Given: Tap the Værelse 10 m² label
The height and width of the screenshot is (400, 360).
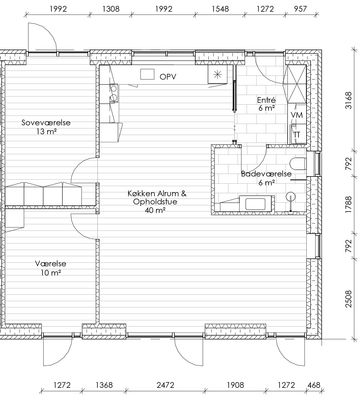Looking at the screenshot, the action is click(50, 268).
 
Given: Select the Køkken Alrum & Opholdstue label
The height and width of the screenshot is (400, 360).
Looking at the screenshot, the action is click(157, 202).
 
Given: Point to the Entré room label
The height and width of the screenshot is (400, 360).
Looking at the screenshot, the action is click(266, 104).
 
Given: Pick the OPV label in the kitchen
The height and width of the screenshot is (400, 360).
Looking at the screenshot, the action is click(168, 77).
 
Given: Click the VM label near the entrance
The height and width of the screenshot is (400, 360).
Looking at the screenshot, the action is click(297, 115).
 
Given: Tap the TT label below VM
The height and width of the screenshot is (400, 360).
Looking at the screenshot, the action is click(297, 135).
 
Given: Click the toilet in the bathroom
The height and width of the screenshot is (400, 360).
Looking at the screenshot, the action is click(298, 164).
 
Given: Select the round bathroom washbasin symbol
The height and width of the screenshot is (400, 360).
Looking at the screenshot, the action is click(291, 197).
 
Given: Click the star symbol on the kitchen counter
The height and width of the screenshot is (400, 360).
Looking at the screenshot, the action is click(217, 74).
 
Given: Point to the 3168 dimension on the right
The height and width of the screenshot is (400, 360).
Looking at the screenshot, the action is click(348, 100).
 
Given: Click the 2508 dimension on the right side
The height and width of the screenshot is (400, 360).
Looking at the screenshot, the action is click(348, 299).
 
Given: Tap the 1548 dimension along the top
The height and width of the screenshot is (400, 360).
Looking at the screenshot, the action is click(220, 9).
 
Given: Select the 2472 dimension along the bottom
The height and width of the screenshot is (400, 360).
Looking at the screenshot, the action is click(165, 385).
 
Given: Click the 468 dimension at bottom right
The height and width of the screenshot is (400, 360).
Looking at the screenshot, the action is click(313, 385).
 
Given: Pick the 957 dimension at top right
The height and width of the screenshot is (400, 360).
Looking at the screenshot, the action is click(300, 9).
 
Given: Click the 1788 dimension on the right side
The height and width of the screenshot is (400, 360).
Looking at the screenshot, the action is click(348, 205).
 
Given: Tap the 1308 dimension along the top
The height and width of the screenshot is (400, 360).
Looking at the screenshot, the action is click(111, 9).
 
